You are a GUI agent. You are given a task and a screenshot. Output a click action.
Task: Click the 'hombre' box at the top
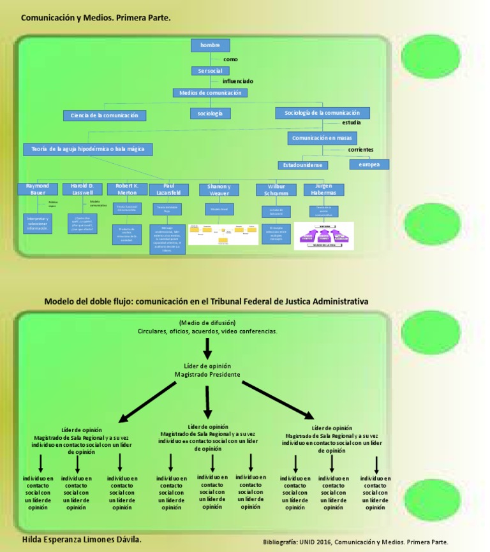[210, 45]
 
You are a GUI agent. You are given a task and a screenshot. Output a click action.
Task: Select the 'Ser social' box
[210, 71]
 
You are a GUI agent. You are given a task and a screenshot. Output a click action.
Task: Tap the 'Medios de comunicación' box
[210, 93]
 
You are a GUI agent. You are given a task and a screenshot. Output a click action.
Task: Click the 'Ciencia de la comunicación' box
[105, 115]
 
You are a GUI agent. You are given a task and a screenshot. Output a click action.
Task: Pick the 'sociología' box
[210, 113]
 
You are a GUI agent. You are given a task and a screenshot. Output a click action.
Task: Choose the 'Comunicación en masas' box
[322, 138]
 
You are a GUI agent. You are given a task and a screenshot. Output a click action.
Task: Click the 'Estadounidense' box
[303, 165]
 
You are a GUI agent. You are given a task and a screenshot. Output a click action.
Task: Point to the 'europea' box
[369, 164]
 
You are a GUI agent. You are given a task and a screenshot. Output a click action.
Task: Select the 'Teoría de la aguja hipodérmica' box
[88, 149]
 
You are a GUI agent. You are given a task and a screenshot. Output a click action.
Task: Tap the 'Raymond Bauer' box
[38, 189]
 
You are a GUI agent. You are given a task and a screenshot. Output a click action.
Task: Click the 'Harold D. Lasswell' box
[82, 189]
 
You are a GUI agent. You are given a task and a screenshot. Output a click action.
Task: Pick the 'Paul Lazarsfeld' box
[168, 189]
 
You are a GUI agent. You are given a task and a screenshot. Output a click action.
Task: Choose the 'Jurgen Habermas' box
[323, 189]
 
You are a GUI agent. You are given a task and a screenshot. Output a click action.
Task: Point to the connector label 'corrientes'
[360, 150]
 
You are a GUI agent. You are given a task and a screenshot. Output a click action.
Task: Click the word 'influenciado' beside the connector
[237, 82]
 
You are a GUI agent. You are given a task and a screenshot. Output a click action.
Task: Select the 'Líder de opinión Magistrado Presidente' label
[207, 370]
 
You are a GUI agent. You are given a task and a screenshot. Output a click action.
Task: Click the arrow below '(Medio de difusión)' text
[207, 348]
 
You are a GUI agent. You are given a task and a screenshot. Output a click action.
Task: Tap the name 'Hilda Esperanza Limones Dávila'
[82, 540]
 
